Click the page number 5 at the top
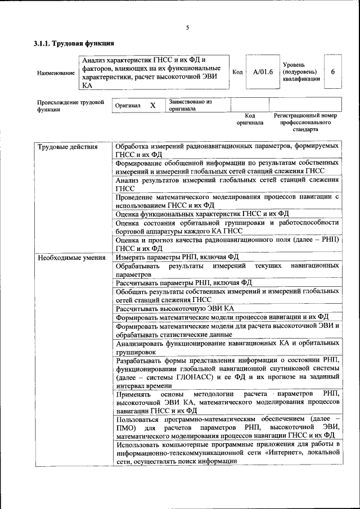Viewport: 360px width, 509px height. coord(187,28)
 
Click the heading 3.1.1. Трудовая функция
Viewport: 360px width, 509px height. coord(74,43)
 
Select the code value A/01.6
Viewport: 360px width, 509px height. coord(263,72)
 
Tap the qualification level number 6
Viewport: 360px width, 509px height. coord(333,72)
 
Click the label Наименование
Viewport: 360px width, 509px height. coord(55,73)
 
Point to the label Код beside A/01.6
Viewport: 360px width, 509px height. coord(237,72)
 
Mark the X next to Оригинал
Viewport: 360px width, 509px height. coord(152,105)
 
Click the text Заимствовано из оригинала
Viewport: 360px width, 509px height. coord(190,105)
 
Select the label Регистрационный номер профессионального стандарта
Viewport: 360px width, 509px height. coord(305,121)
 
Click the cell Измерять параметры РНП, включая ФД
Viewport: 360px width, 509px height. coord(177,258)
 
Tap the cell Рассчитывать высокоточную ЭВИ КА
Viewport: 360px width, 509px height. coord(174,308)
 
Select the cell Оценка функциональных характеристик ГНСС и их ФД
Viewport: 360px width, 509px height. coord(202,214)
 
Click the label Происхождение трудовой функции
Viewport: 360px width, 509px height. coord(71,106)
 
